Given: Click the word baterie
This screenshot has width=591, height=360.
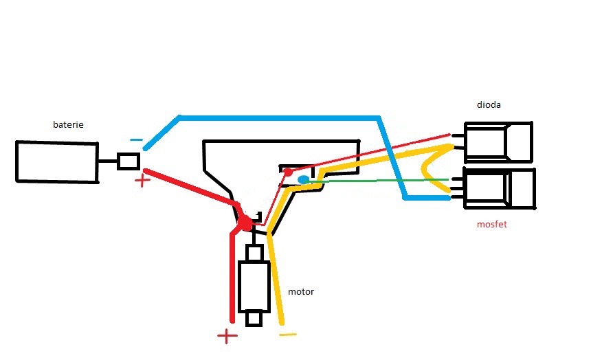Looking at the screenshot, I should tap(68, 125).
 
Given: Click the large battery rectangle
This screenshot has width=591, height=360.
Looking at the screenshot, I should tap(56, 162).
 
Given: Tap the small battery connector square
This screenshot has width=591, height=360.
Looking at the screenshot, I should tap(129, 161).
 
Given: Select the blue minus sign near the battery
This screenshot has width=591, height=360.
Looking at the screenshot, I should tap(136, 140).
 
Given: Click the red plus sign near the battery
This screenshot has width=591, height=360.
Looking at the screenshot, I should tap(142, 181).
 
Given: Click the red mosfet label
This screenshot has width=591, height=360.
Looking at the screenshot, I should tap(491, 225).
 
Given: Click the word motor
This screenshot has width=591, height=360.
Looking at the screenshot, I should tap(301, 291).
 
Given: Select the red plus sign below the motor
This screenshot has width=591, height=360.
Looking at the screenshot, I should tap(227, 336).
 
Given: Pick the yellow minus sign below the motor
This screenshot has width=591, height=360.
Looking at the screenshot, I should tap(288, 335).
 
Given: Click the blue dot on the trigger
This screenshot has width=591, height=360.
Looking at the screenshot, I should tap(303, 180).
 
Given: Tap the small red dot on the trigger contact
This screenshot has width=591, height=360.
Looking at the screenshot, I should tap(289, 171).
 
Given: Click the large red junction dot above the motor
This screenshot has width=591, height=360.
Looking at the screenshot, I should tap(244, 223).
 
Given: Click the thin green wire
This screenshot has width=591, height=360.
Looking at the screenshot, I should tap(378, 181).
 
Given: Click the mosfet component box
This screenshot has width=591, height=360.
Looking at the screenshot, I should tap(500, 188).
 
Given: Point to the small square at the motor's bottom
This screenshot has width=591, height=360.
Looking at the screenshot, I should tap(254, 319).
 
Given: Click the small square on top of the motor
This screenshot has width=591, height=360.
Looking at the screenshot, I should tap(254, 253).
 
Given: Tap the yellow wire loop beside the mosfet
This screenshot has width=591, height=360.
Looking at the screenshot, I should tap(430, 169).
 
